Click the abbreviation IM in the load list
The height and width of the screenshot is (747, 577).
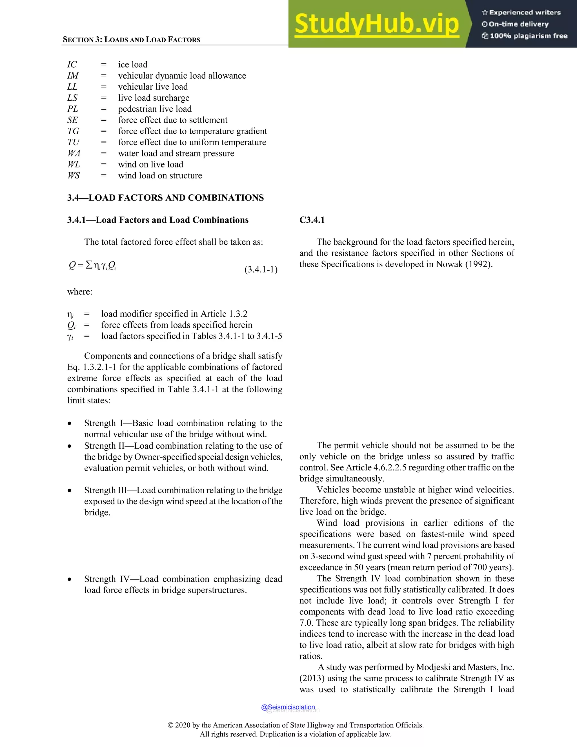73,76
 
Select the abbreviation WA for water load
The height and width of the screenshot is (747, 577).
74,153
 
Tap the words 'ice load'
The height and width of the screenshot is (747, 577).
133,65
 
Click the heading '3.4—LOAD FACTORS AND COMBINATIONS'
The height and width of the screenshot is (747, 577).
165,198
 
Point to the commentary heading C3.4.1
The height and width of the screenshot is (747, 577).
312,220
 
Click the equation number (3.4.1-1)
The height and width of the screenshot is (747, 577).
261,269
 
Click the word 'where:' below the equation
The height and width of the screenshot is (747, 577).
80,292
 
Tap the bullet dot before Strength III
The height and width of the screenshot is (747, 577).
70,490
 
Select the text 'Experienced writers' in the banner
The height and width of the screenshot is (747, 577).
525,13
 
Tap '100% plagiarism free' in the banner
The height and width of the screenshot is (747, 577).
529,36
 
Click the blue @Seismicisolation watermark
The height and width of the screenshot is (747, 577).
288,707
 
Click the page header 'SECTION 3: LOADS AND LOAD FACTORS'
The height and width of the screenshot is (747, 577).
132,40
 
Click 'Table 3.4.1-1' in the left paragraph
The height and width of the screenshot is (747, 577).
193,389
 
